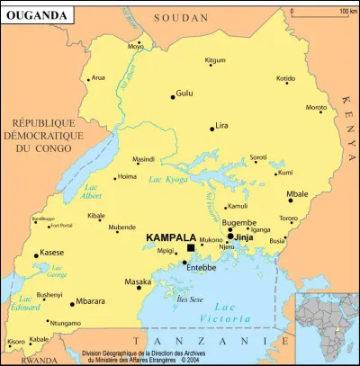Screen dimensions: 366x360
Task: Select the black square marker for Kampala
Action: pyautogui.click(x=191, y=248)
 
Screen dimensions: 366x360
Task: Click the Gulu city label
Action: pyautogui.click(x=184, y=93)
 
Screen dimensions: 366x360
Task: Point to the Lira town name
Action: pyautogui.click(x=225, y=125)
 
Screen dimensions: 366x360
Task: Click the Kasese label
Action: pyautogui.click(x=52, y=253)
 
